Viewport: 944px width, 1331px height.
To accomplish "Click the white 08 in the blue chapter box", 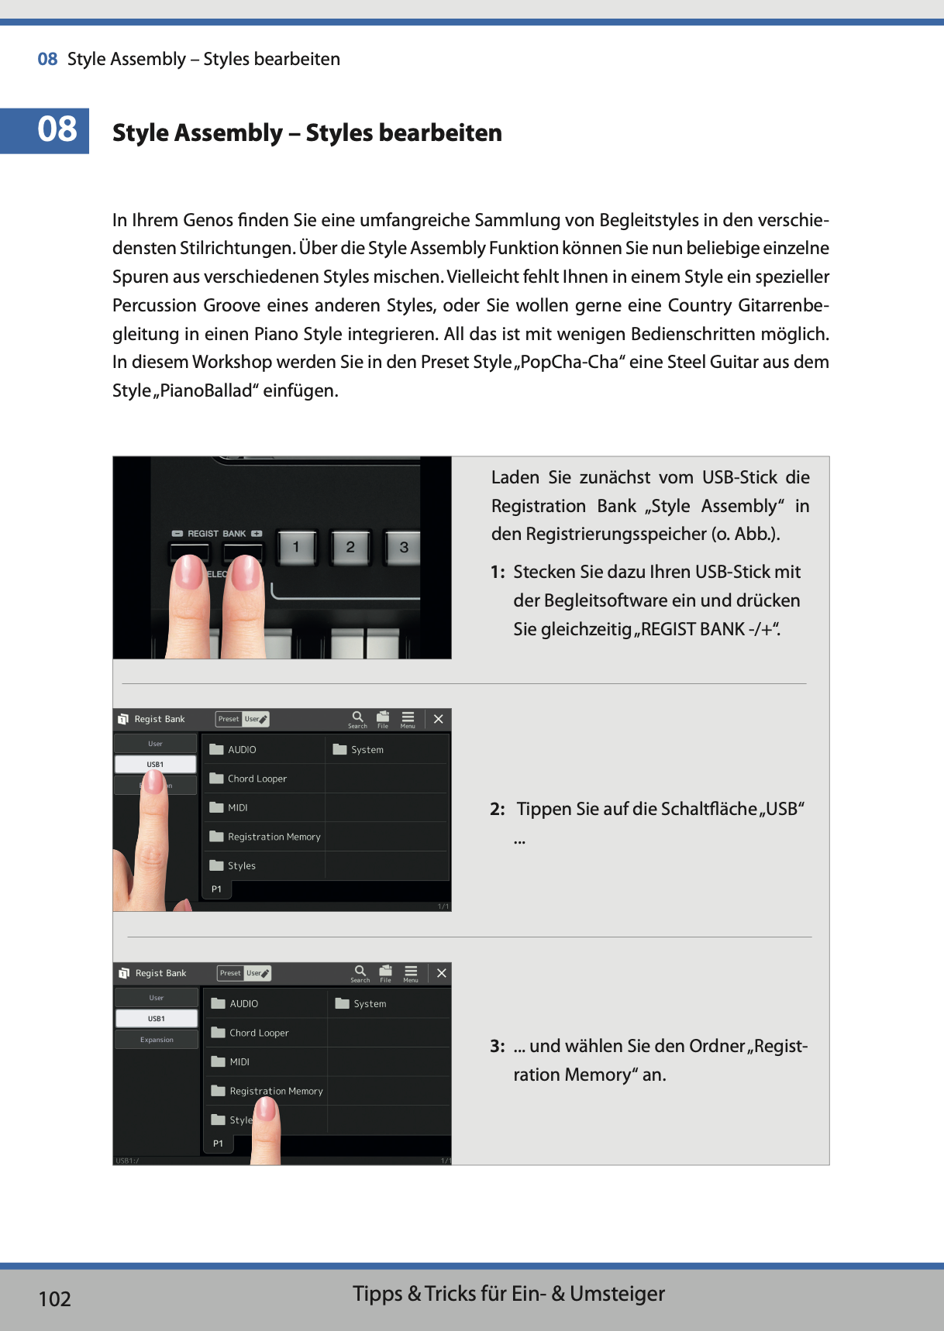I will click(57, 129).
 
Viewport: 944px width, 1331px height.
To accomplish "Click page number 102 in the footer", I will click(54, 1299).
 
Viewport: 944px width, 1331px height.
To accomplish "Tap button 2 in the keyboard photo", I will click(350, 548).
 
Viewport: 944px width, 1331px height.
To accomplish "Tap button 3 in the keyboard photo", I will click(404, 548).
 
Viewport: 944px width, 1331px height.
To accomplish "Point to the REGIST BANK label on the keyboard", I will click(216, 534).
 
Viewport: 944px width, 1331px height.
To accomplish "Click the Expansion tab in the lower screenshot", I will click(157, 1040).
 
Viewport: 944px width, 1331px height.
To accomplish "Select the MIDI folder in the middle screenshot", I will click(238, 807).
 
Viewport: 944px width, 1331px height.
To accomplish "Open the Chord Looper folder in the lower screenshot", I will click(259, 1033).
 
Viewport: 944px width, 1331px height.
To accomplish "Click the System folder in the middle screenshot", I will click(367, 749).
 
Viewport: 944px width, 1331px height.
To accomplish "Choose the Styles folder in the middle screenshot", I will click(241, 865).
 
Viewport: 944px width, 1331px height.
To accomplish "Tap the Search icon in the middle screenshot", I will click(357, 718).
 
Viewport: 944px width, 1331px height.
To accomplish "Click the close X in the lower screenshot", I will click(441, 973).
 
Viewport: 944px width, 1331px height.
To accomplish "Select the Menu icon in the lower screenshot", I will click(411, 973).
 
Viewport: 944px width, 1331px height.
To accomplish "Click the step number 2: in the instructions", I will click(498, 810).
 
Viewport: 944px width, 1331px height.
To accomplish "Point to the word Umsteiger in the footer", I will click(617, 1294).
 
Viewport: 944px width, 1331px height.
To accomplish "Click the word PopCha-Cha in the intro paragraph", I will click(569, 363).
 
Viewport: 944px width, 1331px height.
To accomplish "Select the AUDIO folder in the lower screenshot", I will click(243, 1003).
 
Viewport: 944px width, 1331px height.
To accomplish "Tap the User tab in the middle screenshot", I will click(155, 744).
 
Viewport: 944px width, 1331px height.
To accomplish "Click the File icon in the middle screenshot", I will click(383, 718).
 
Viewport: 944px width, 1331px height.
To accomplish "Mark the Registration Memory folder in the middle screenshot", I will click(274, 837).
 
